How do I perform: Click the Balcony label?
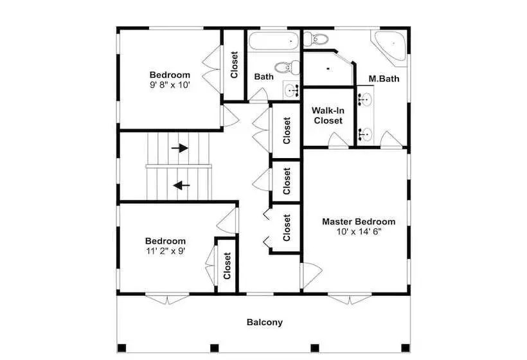265,322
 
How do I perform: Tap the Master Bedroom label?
359,222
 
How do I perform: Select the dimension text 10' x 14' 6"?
359,231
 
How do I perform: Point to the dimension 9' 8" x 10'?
170,85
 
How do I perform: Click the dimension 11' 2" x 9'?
165,251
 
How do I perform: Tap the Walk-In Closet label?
328,115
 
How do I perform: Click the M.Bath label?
384,78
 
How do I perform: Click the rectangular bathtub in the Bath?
274,41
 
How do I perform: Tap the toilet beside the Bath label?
287,67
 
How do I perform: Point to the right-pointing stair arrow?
179,148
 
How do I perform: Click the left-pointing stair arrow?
181,185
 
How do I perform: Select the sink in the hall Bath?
291,90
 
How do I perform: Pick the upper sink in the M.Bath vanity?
365,100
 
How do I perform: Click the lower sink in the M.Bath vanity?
365,135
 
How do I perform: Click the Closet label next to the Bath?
235,65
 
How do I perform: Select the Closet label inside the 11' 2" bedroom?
228,266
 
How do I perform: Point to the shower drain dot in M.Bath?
328,69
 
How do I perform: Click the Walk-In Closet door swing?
338,140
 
